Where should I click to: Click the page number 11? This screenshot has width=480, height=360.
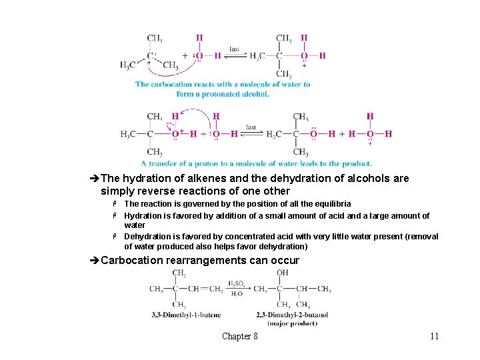[x=434, y=336]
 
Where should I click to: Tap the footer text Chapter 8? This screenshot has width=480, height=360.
[x=240, y=336]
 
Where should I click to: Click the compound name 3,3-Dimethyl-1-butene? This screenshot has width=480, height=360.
[x=177, y=315]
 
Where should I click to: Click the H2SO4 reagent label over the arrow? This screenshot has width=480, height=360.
[x=237, y=283]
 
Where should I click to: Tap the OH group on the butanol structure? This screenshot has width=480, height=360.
[x=283, y=273]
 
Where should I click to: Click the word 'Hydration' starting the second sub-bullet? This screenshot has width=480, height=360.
[x=143, y=215]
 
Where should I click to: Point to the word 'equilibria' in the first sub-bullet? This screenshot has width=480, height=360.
[x=332, y=203]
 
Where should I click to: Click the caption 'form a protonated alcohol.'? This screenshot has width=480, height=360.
[x=223, y=94]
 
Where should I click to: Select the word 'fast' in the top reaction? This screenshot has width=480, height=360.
[x=235, y=49]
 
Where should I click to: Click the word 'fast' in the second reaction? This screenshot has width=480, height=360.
[x=251, y=127]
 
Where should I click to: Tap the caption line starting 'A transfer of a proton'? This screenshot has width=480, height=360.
[x=256, y=163]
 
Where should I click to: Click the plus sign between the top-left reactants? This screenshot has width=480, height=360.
[x=185, y=55]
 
